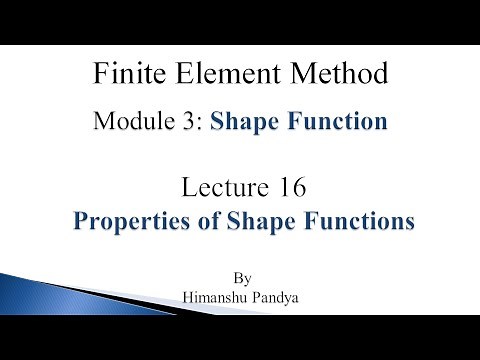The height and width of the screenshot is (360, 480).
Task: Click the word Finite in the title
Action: [x=123, y=74]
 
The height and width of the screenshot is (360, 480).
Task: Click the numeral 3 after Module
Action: [x=199, y=123]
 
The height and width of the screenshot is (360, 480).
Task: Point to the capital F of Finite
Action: [x=97, y=74]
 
